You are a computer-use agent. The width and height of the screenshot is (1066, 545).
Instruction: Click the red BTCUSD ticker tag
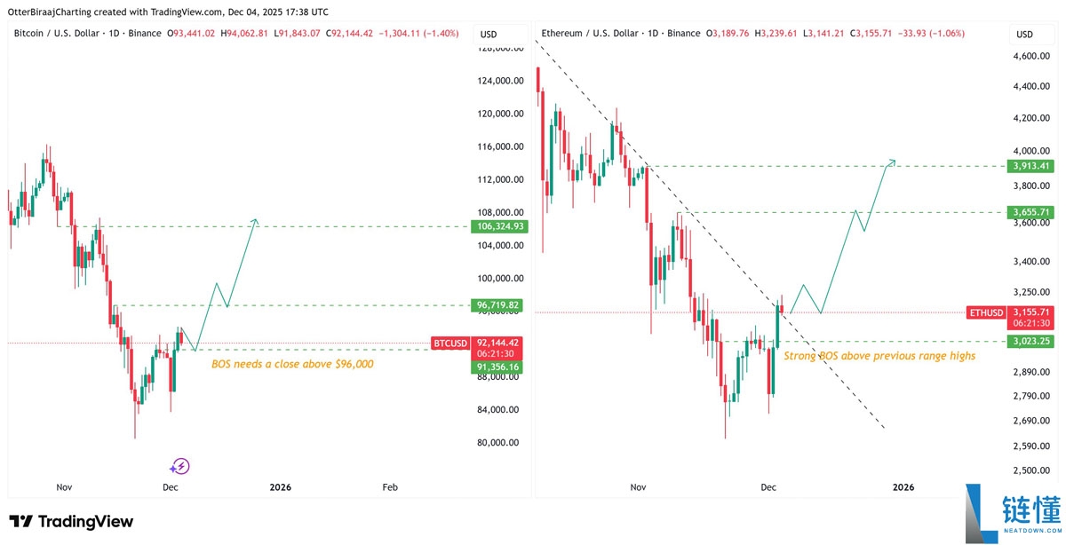click(449, 343)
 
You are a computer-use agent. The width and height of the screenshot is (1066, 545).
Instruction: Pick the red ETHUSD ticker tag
click(986, 312)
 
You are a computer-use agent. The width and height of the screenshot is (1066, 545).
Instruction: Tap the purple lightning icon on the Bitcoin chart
click(180, 466)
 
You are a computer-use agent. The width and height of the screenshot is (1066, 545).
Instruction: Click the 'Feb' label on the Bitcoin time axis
click(389, 487)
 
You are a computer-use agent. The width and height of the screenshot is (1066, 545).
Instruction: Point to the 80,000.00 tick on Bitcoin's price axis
click(494, 443)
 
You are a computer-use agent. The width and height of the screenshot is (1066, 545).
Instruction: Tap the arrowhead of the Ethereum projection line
click(893, 161)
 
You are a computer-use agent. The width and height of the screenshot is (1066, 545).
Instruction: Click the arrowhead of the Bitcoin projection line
click(256, 220)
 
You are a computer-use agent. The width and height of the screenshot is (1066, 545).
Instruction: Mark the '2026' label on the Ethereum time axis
click(903, 487)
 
